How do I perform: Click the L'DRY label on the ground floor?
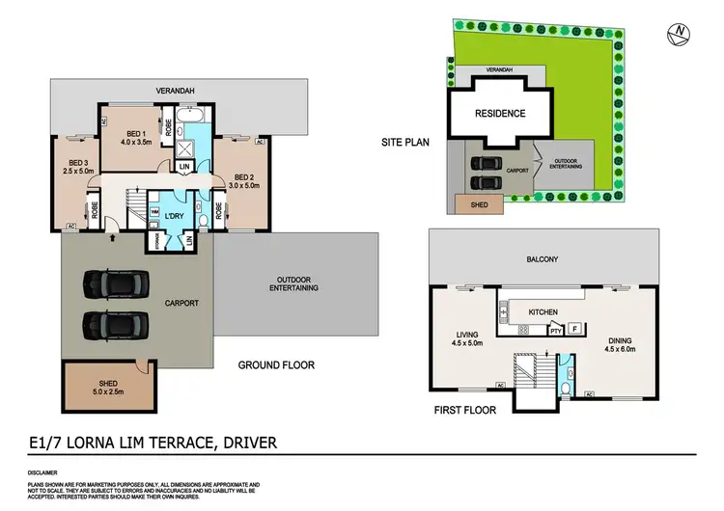pyautogui.click(x=175, y=214)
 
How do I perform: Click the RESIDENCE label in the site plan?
pyautogui.click(x=499, y=114)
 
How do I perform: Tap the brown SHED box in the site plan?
pyautogui.click(x=473, y=202)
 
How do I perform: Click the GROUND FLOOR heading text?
pyautogui.click(x=276, y=365)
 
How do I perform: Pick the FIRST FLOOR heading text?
pyautogui.click(x=464, y=410)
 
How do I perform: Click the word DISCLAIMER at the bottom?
pyautogui.click(x=47, y=472)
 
